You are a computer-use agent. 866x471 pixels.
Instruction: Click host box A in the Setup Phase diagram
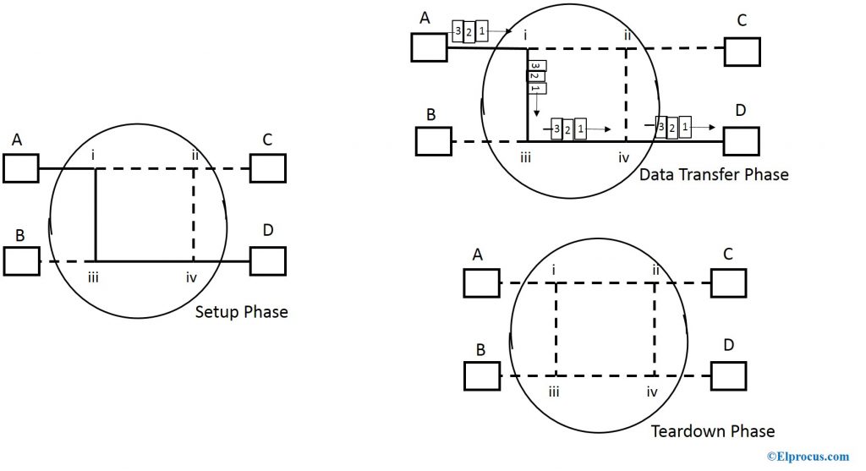coord(20,169)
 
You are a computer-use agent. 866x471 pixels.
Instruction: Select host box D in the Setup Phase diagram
coord(268,261)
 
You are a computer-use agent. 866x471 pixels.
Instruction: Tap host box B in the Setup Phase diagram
coord(20,261)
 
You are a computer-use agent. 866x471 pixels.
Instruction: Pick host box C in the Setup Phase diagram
coord(268,168)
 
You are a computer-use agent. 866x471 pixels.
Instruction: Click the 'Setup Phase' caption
coord(241,312)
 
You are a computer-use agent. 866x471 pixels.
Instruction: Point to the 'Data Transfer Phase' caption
coord(713,175)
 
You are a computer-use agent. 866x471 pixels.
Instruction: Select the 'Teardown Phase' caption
coord(712,431)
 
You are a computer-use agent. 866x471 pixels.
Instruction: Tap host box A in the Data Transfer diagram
coord(429,47)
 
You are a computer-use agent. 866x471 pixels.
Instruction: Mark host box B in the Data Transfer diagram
coord(434,141)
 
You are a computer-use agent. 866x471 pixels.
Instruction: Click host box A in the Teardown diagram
coord(481,282)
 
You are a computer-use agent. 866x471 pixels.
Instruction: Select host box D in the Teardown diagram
coord(728,375)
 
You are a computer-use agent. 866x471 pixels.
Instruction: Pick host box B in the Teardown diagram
coord(481,375)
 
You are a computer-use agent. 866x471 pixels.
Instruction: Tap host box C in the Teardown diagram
coord(728,282)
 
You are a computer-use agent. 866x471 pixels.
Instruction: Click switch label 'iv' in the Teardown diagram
coord(652,392)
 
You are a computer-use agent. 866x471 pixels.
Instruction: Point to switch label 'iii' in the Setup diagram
coord(93,277)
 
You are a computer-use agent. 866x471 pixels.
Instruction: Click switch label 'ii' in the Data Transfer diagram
coord(627,35)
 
